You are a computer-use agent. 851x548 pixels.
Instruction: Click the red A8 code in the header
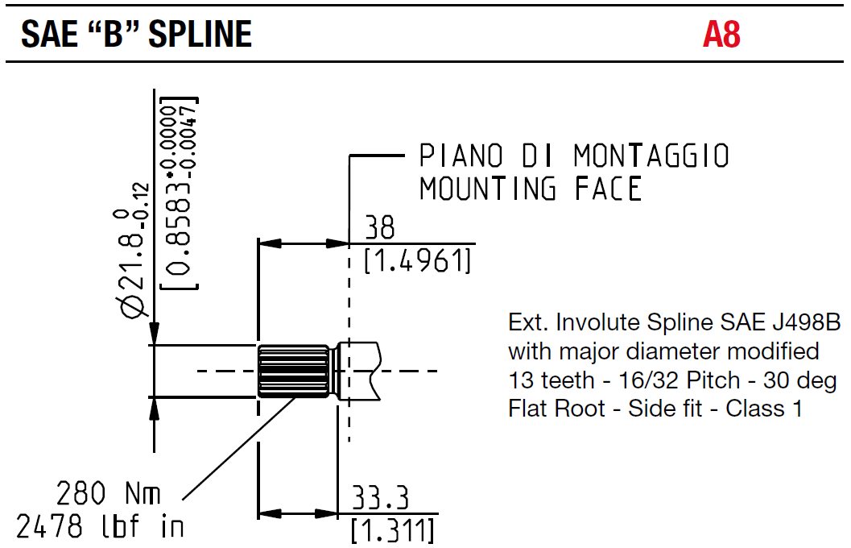pyautogui.click(x=721, y=35)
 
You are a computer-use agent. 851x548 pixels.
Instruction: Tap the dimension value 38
pyautogui.click(x=380, y=228)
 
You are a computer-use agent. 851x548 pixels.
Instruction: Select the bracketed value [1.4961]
pyautogui.click(x=417, y=261)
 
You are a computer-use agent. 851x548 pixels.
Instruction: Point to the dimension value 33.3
pyautogui.click(x=380, y=499)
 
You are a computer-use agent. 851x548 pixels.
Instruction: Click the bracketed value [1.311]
pyautogui.click(x=393, y=530)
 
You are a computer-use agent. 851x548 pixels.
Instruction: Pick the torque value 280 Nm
pyautogui.click(x=109, y=492)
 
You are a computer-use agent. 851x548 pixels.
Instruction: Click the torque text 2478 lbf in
pyautogui.click(x=100, y=527)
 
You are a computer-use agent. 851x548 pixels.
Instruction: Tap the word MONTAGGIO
pyautogui.click(x=651, y=156)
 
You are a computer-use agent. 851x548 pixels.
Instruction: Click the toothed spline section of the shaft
pyautogui.click(x=293, y=372)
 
